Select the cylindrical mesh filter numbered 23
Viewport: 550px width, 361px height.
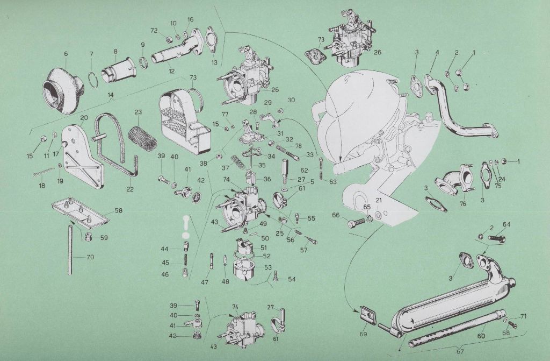[x=142, y=138]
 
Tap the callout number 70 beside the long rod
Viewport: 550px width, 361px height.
[x=90, y=257]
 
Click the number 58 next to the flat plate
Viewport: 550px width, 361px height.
[x=119, y=210]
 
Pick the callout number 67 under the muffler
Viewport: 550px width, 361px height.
[x=460, y=351]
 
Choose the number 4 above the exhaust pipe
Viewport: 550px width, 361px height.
[x=437, y=53]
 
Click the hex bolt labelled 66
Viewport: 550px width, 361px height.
[x=357, y=224]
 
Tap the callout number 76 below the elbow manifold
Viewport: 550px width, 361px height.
[x=462, y=203]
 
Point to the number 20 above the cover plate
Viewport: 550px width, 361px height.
[x=84, y=117]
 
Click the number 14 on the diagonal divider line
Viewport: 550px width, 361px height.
[x=111, y=95]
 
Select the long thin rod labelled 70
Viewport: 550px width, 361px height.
[x=70, y=250]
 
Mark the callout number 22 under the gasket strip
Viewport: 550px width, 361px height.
[x=130, y=189]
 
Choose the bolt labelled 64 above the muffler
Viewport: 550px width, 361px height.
[x=497, y=238]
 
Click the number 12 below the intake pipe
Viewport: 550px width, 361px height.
[x=171, y=71]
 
